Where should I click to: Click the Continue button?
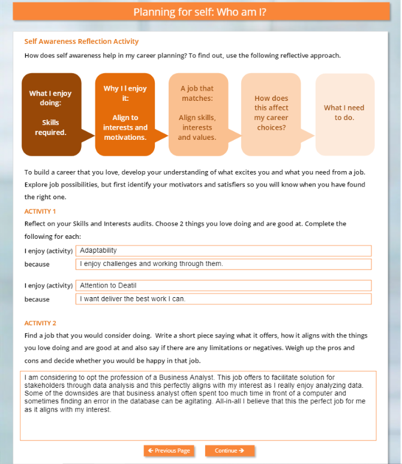pyautogui.click(x=229, y=450)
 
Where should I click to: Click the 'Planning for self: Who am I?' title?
pyautogui.click(x=200, y=13)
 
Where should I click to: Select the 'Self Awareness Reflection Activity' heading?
pyautogui.click(x=82, y=41)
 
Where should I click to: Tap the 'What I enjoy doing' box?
pyautogui.click(x=51, y=114)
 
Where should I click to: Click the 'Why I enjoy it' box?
pyautogui.click(x=125, y=114)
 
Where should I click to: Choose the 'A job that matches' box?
pyautogui.click(x=197, y=114)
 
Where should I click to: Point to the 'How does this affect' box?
pyautogui.click(x=271, y=114)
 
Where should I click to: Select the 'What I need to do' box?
pyautogui.click(x=344, y=114)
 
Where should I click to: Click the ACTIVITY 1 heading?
pyautogui.click(x=40, y=211)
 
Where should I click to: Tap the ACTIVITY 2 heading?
pyautogui.click(x=40, y=323)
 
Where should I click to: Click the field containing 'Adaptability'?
pyautogui.click(x=223, y=250)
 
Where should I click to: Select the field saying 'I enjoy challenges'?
pyautogui.click(x=223, y=264)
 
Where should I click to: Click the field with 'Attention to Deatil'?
pyautogui.click(x=223, y=286)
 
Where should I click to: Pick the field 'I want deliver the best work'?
pyautogui.click(x=223, y=299)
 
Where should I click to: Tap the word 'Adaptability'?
pyautogui.click(x=98, y=250)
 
